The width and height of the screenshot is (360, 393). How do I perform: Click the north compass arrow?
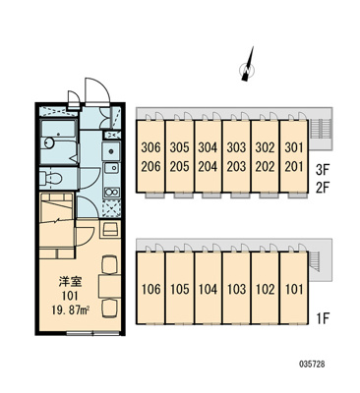[x=248, y=65]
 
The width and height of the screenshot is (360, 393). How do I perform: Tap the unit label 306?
[x=151, y=147]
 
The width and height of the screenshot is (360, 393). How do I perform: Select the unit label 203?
[x=236, y=167]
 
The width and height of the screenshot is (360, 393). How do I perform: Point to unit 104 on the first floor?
[x=209, y=289]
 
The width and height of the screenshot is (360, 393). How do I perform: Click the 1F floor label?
[x=322, y=317]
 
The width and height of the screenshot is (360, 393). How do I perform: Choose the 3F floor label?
[x=323, y=169]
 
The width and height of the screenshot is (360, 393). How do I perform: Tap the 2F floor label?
[x=323, y=189]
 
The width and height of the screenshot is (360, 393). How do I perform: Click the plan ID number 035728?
[x=312, y=364]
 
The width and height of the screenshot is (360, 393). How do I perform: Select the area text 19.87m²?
[x=71, y=309]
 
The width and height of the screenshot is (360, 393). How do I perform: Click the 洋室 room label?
[x=70, y=281]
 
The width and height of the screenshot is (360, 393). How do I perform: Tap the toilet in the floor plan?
[x=51, y=179]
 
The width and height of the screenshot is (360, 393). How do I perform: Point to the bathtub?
[x=59, y=141]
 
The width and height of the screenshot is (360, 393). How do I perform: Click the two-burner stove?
[x=111, y=192]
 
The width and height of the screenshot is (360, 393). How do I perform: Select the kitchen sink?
[x=111, y=168]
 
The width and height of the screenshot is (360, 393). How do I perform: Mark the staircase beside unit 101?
[x=314, y=261]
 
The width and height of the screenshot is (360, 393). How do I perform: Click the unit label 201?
[x=294, y=167]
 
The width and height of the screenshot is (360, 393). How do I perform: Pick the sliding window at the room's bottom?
[x=93, y=333]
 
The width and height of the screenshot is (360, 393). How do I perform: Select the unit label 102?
[x=265, y=289]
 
